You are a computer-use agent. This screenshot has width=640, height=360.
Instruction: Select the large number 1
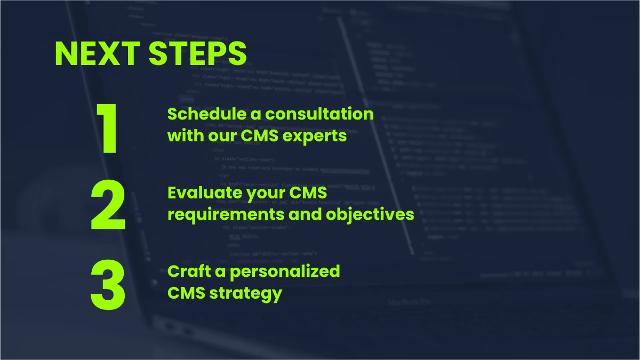(x=108, y=130)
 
